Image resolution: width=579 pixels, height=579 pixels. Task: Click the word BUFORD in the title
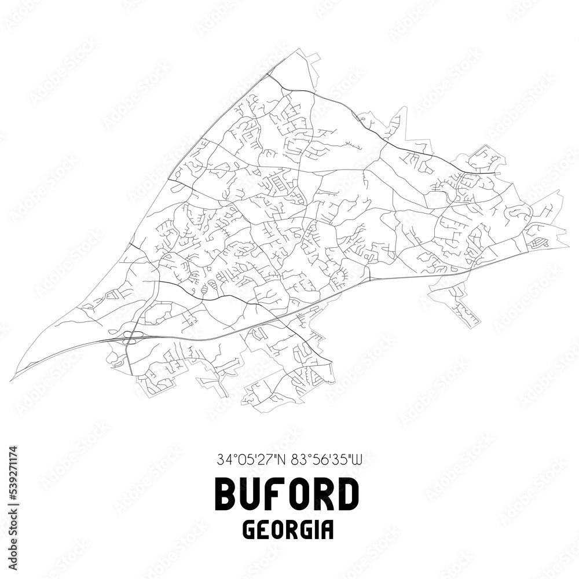287,495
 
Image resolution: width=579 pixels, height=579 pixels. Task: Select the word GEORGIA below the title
287,530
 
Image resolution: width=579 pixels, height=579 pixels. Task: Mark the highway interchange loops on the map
128,337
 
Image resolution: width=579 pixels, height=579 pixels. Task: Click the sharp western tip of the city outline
11,380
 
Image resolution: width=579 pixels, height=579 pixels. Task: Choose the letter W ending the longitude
358,460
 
